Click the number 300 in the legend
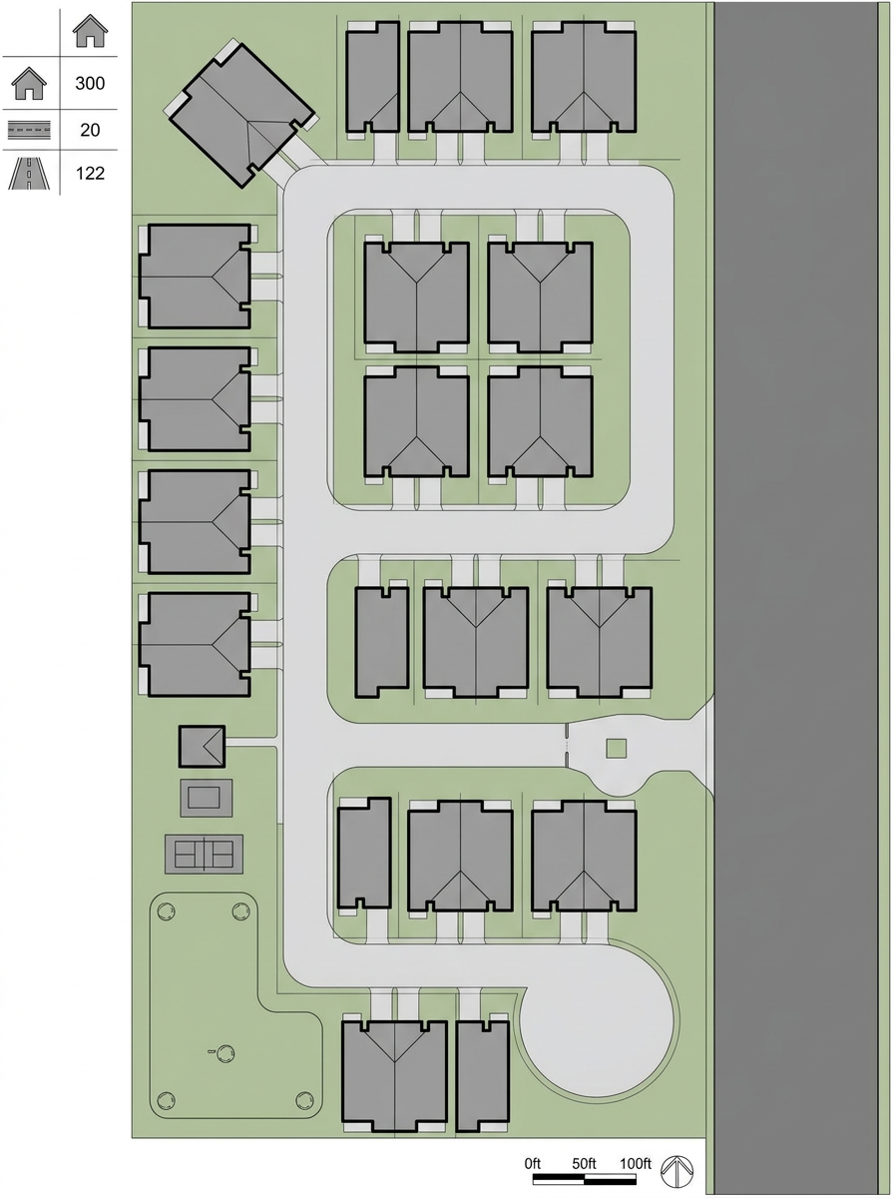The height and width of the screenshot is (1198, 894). pos(90,83)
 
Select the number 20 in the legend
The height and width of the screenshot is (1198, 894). pos(90,130)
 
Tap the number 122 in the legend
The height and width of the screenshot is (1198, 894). pos(90,173)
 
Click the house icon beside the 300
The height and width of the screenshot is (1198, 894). pos(29,84)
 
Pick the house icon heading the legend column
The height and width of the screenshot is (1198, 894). pos(90,31)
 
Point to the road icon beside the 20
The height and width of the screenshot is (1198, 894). pos(29,130)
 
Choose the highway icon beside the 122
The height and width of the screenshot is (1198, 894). pos(29,174)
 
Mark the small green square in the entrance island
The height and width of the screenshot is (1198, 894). pos(617,749)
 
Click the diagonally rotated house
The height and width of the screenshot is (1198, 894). pos(241,114)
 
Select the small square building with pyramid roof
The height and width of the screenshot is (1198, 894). pos(202,746)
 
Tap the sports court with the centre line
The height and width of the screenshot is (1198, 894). pos(204,855)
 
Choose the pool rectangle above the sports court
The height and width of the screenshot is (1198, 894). pos(207,798)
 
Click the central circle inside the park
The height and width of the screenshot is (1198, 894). pos(225,1053)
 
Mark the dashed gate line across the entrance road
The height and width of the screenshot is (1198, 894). pos(568,745)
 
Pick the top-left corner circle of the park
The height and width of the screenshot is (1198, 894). pos(166,910)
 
